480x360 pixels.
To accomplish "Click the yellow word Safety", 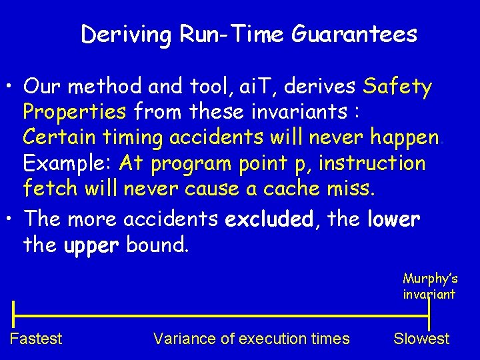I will pyautogui.click(x=398, y=87).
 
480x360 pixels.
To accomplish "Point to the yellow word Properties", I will pyautogui.click(x=75, y=112).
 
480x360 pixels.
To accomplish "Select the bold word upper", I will pyautogui.click(x=91, y=245).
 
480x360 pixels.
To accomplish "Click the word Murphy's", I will pyautogui.click(x=430, y=279).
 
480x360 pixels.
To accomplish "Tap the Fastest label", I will pyautogui.click(x=36, y=339).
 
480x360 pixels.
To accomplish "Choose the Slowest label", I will pyautogui.click(x=421, y=339).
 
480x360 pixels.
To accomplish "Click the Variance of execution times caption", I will pyautogui.click(x=251, y=339).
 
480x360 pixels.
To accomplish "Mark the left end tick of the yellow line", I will pyautogui.click(x=13, y=313).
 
